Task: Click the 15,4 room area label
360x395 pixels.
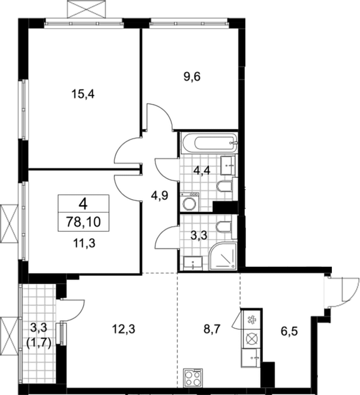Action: click(83, 94)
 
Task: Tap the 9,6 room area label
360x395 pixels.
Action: click(192, 77)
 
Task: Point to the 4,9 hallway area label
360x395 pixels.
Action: click(160, 195)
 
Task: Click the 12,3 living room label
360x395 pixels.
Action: click(124, 329)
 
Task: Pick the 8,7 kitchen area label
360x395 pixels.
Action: click(212, 329)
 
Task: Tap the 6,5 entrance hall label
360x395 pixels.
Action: click(289, 331)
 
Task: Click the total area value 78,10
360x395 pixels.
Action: click(84, 222)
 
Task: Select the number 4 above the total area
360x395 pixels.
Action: click(83, 204)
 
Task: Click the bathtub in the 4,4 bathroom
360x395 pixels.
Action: click(209, 143)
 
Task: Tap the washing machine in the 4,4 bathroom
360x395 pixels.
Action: click(190, 202)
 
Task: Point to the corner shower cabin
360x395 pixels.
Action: click(223, 256)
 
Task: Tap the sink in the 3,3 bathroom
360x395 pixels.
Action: click(193, 264)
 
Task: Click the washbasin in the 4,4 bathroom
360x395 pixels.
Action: click(228, 165)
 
